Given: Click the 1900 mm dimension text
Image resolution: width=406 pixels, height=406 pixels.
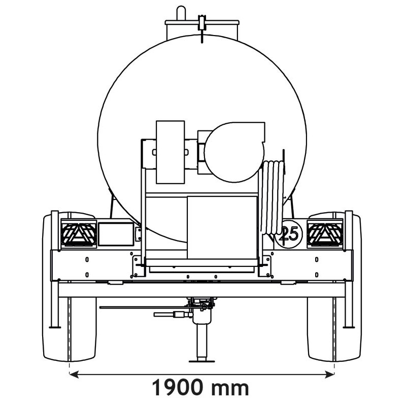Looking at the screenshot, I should click(201, 388).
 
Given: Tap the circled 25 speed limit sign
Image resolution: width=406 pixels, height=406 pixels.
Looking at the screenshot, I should click(290, 234).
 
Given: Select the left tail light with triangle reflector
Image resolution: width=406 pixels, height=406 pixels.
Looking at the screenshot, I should click(78, 234).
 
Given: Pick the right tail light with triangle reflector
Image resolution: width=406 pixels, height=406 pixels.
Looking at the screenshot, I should click(325, 234).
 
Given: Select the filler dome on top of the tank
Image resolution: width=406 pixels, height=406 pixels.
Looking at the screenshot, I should click(202, 28).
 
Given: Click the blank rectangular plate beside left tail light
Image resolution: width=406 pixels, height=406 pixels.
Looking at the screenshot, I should click(115, 233).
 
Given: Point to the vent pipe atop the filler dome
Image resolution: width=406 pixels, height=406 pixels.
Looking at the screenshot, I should click(180, 12).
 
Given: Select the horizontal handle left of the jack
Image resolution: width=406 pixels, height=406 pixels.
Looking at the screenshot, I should click(173, 315).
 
